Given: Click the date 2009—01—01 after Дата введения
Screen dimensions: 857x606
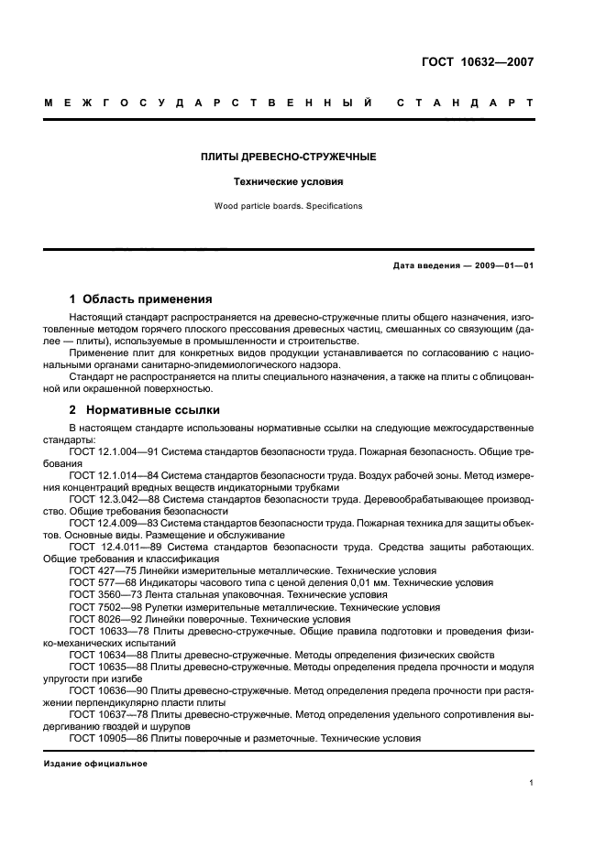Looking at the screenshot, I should [x=501, y=266].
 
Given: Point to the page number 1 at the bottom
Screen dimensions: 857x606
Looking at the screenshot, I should [x=531, y=783].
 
